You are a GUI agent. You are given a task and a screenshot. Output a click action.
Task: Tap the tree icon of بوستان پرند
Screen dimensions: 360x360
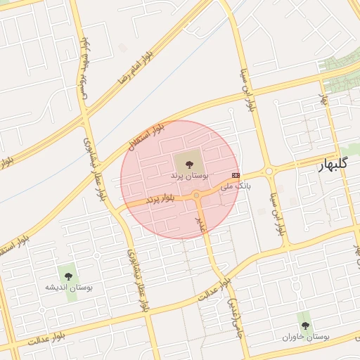click(190, 163)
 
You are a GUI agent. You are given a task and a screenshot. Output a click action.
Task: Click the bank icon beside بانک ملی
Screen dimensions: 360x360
click(236, 175)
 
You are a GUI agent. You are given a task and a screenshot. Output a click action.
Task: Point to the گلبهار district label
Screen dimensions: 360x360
click(326, 166)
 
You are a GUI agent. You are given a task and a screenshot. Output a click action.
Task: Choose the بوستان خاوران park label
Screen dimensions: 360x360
click(305, 337)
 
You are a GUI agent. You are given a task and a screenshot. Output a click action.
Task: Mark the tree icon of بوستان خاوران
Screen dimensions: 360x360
click(304, 326)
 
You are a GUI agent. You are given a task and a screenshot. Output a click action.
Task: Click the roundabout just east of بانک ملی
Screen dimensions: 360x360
click(268, 172)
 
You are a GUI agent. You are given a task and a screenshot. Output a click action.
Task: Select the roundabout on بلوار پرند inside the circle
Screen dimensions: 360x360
click(197, 195)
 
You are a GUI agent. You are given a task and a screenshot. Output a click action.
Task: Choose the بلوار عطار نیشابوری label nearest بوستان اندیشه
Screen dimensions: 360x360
click(138, 280)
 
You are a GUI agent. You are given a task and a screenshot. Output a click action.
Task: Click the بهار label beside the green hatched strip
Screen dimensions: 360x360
click(325, 98)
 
